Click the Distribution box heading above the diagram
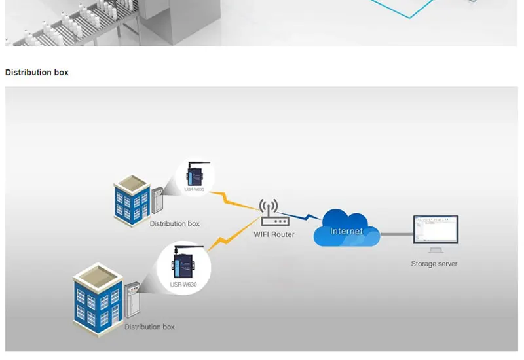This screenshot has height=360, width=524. pos(37,72)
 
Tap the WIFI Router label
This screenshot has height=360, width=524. pos(274,234)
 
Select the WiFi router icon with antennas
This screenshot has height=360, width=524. pos(269,214)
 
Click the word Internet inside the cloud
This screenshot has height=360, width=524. pos(346,231)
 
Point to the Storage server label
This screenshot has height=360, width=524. pos(434,264)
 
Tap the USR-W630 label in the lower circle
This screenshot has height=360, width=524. pos(184,284)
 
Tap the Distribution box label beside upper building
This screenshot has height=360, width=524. pos(174,224)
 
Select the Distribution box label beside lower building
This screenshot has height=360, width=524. pos(149,327)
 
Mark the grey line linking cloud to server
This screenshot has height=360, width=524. pos(396,233)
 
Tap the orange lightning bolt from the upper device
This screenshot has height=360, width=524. pos(236,200)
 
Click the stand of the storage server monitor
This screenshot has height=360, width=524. pos(434,249)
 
